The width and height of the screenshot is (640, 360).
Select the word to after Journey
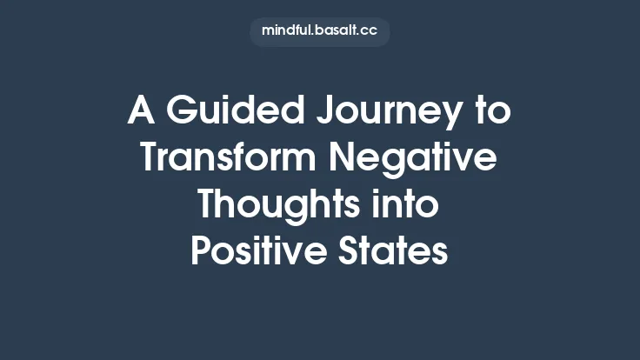[x=492, y=112]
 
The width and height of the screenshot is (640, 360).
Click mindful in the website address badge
[x=286, y=31]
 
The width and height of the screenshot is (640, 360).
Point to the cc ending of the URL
[x=370, y=32]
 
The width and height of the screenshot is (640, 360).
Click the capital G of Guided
[x=181, y=112]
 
